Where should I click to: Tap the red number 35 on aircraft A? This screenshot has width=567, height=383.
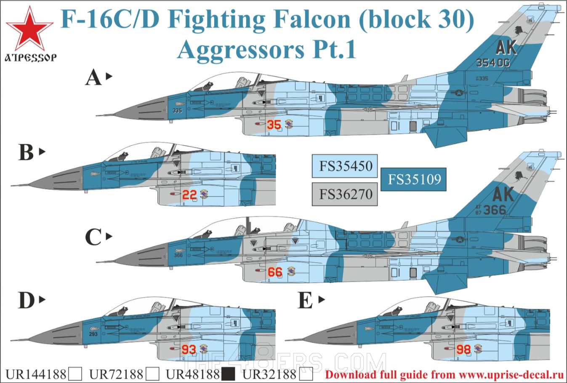tap(274, 125)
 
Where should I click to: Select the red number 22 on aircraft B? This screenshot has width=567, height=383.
tap(190, 195)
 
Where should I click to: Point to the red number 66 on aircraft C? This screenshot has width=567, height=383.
tap(275, 272)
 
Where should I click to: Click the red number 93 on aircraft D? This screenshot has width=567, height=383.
tap(189, 349)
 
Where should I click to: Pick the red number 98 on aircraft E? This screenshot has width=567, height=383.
tap(463, 350)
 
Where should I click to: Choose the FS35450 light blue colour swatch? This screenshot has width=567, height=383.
tap(345, 166)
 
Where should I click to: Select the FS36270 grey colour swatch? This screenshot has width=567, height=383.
tap(345, 194)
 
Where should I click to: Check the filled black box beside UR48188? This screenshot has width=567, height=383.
tap(228, 374)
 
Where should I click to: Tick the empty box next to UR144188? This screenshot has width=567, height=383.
tap(75, 374)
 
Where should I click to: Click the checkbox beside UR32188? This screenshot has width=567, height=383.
tap(307, 374)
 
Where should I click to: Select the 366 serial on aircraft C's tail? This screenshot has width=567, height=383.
tap(495, 210)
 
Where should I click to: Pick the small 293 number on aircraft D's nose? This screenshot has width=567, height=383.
tap(93, 334)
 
